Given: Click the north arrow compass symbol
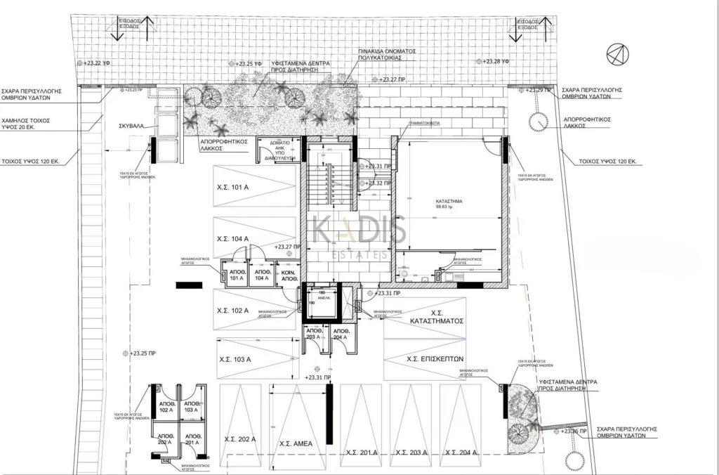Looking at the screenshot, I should [x=615, y=53].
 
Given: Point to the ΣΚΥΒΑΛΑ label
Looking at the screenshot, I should [x=131, y=126].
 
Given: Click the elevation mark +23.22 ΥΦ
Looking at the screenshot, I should [x=96, y=63].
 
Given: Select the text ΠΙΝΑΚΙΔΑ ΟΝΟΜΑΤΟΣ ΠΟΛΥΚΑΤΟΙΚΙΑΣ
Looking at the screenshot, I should [x=387, y=56].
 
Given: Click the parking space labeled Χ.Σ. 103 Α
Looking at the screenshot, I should [x=235, y=359].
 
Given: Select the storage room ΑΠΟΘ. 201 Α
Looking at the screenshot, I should [x=192, y=438].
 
